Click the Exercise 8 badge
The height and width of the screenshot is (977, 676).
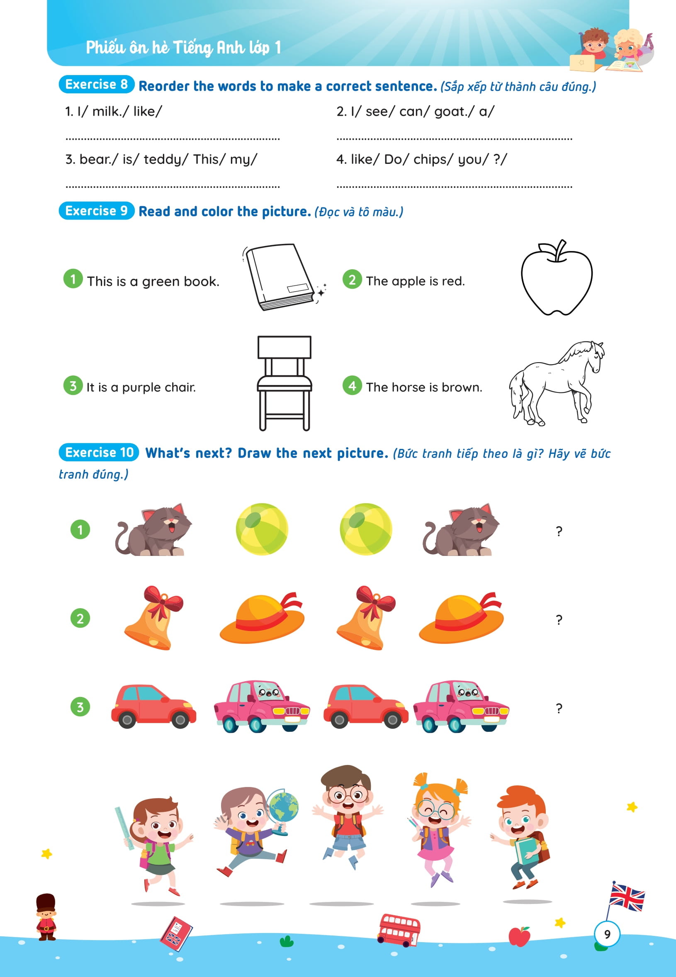pyautogui.click(x=97, y=84)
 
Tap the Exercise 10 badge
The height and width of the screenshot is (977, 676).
pyautogui.click(x=99, y=453)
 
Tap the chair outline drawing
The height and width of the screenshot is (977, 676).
pyautogui.click(x=284, y=383)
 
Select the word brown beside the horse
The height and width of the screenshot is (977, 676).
pyautogui.click(x=461, y=387)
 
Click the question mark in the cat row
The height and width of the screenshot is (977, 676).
pyautogui.click(x=559, y=531)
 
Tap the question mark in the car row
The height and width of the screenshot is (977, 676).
pyautogui.click(x=559, y=709)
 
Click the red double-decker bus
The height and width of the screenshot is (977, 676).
pyautogui.click(x=399, y=930)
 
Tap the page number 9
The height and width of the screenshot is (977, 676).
pyautogui.click(x=607, y=934)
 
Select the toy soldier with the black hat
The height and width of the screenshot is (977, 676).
pyautogui.click(x=46, y=916)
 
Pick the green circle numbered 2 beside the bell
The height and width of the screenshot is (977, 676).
pyautogui.click(x=80, y=619)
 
